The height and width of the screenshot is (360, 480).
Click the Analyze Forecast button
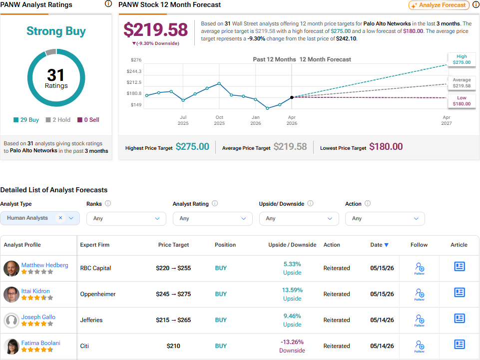tap(439, 5)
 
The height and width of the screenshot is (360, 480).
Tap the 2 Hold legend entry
tap(58, 120)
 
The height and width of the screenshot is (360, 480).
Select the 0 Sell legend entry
tap(88, 120)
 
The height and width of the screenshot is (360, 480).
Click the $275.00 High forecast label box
tap(462, 59)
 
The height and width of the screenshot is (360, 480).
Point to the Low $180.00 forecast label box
tap(462, 101)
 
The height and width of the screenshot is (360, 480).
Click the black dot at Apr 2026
tap(292, 97)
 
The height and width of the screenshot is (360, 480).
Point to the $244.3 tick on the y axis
tap(134, 71)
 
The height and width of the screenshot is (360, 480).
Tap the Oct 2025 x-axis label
tap(219, 120)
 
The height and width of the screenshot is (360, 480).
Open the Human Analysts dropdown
tap(40, 218)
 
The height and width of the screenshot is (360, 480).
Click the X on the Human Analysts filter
tap(60, 218)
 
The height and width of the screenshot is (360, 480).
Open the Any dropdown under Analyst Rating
tap(212, 219)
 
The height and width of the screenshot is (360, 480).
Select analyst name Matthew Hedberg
tap(44, 265)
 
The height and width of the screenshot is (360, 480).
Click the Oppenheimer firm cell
tap(98, 294)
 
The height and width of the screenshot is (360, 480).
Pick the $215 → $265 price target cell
tap(173, 320)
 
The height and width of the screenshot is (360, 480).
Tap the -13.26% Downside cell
tap(292, 346)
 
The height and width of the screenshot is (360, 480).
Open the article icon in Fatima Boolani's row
tap(459, 345)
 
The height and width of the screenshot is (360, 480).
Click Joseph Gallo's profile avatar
tap(11, 321)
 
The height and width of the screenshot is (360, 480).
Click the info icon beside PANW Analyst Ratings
tap(108, 3)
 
